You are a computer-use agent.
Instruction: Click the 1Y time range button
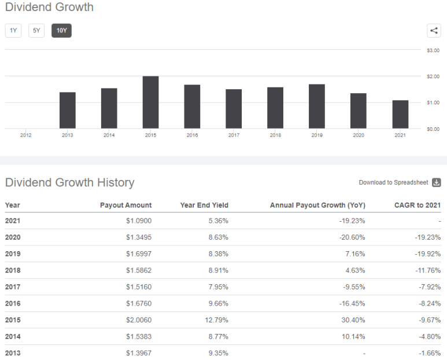(13, 31)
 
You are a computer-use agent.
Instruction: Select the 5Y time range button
(36, 31)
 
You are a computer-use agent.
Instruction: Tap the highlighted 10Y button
(61, 31)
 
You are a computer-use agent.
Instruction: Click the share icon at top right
(434, 31)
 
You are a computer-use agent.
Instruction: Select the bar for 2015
(150, 102)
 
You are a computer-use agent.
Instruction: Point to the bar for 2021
(400, 114)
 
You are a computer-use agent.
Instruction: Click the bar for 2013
(68, 110)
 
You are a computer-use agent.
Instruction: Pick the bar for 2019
(317, 106)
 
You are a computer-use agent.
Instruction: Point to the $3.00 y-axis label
(433, 50)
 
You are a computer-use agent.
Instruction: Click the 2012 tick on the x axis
(25, 135)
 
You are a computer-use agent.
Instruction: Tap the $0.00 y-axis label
(433, 128)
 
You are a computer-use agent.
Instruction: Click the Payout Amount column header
(125, 205)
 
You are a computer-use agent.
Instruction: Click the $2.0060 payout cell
(138, 319)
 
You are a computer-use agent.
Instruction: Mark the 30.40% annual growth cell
(353, 319)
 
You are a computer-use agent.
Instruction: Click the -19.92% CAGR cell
(427, 254)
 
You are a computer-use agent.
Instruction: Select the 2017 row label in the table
(13, 286)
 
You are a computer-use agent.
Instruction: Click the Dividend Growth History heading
(69, 182)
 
